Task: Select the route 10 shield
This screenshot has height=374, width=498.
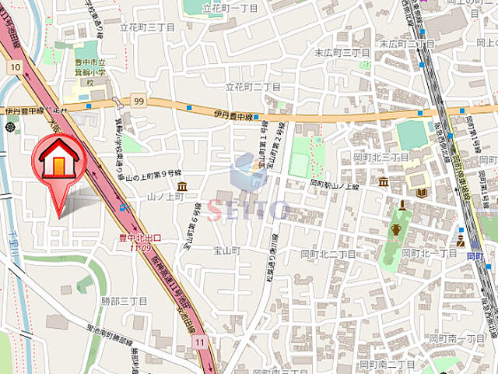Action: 15,68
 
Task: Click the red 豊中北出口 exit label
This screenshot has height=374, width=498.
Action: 140,238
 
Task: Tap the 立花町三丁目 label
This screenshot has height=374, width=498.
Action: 146,26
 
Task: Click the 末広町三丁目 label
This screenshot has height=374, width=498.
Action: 342,52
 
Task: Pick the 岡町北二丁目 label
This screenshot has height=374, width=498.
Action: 328,254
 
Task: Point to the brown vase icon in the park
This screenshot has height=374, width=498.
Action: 396,229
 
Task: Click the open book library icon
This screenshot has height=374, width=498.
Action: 422,192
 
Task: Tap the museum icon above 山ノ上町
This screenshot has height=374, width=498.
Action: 181,187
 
